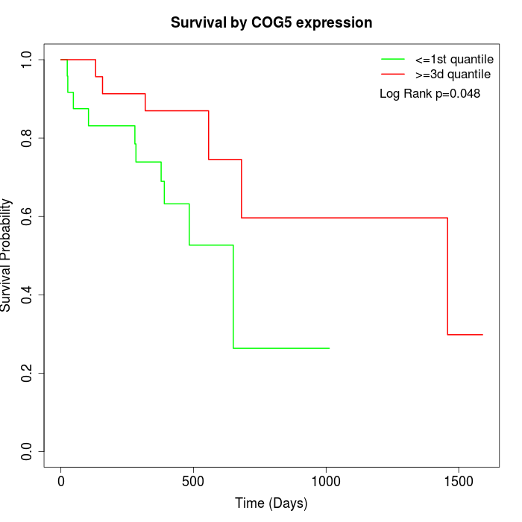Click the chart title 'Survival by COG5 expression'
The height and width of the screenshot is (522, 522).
point(271,22)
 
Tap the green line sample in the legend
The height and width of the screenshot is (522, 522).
point(392,58)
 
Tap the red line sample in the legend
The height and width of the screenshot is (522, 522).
point(392,74)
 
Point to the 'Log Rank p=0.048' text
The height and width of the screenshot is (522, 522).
point(430,94)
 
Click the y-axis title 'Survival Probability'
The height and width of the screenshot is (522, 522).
point(7,254)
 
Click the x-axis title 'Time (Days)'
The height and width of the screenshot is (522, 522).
point(271,504)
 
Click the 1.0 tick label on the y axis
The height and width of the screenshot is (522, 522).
point(28,60)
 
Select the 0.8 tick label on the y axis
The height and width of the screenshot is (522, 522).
point(28,138)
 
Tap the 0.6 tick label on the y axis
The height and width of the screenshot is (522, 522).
point(28,216)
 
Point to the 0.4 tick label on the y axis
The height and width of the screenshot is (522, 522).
point(28,295)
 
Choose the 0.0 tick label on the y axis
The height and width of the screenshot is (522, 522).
point(28,451)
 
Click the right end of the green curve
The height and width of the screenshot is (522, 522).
point(329,348)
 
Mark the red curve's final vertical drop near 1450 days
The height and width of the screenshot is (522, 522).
point(447,276)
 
